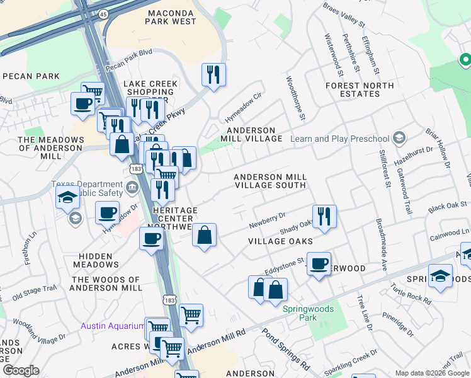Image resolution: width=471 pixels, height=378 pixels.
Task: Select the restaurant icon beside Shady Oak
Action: click(x=324, y=216)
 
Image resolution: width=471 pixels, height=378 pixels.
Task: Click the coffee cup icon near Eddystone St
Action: click(x=319, y=264)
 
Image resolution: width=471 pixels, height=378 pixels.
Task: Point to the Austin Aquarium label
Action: click(x=113, y=326)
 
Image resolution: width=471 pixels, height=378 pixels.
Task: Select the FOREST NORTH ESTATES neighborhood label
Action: click(x=360, y=89)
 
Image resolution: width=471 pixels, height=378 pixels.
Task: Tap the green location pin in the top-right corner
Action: click(x=465, y=60)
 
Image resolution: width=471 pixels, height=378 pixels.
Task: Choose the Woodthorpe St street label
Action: click(x=295, y=99)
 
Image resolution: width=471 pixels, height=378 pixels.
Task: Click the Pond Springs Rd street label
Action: click(x=287, y=350)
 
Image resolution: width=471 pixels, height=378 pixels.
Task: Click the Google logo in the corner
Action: click(x=21, y=370)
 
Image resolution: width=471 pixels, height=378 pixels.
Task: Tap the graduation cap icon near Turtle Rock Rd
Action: click(x=440, y=275)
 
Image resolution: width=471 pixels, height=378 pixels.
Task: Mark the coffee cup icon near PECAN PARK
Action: click(x=82, y=103)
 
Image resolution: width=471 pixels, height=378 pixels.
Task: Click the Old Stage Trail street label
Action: click(x=35, y=291)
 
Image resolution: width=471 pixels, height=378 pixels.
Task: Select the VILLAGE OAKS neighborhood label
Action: click(x=280, y=241)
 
